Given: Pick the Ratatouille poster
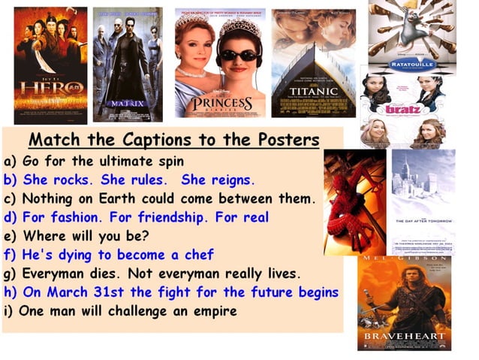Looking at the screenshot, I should tap(412, 37).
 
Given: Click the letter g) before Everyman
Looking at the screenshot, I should tap(11, 274).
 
